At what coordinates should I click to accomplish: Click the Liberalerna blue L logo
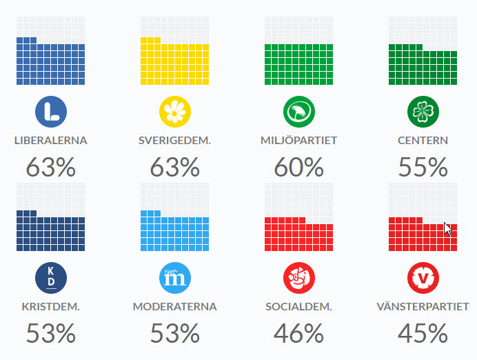pyautogui.click(x=50, y=111)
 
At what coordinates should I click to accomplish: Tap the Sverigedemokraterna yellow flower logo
pyautogui.click(x=174, y=111)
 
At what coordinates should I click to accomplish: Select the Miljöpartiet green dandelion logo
pyautogui.click(x=298, y=111)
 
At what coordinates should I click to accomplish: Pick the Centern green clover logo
pyautogui.click(x=423, y=111)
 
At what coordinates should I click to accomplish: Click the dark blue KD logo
pyautogui.click(x=50, y=277)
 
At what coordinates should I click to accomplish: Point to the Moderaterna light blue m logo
pyautogui.click(x=174, y=277)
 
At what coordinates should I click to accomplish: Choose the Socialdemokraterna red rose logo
pyautogui.click(x=298, y=277)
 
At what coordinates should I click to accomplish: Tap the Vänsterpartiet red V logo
pyautogui.click(x=423, y=277)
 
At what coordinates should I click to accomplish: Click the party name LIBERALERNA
pyautogui.click(x=50, y=141)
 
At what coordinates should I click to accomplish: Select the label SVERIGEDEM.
pyautogui.click(x=174, y=141)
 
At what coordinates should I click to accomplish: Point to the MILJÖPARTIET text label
pyautogui.click(x=298, y=141)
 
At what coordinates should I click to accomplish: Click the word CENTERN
pyautogui.click(x=423, y=141)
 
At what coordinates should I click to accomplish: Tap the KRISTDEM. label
pyautogui.click(x=50, y=307)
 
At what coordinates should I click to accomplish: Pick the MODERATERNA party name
pyautogui.click(x=174, y=307)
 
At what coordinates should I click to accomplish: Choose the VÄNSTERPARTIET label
pyautogui.click(x=423, y=307)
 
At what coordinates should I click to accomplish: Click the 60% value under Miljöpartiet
pyautogui.click(x=298, y=167)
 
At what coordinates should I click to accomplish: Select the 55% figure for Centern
pyautogui.click(x=423, y=167)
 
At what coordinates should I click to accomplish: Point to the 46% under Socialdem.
pyautogui.click(x=298, y=334)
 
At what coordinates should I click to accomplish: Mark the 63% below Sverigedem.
pyautogui.click(x=174, y=167)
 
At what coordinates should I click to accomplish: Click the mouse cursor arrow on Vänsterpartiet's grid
pyautogui.click(x=448, y=228)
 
